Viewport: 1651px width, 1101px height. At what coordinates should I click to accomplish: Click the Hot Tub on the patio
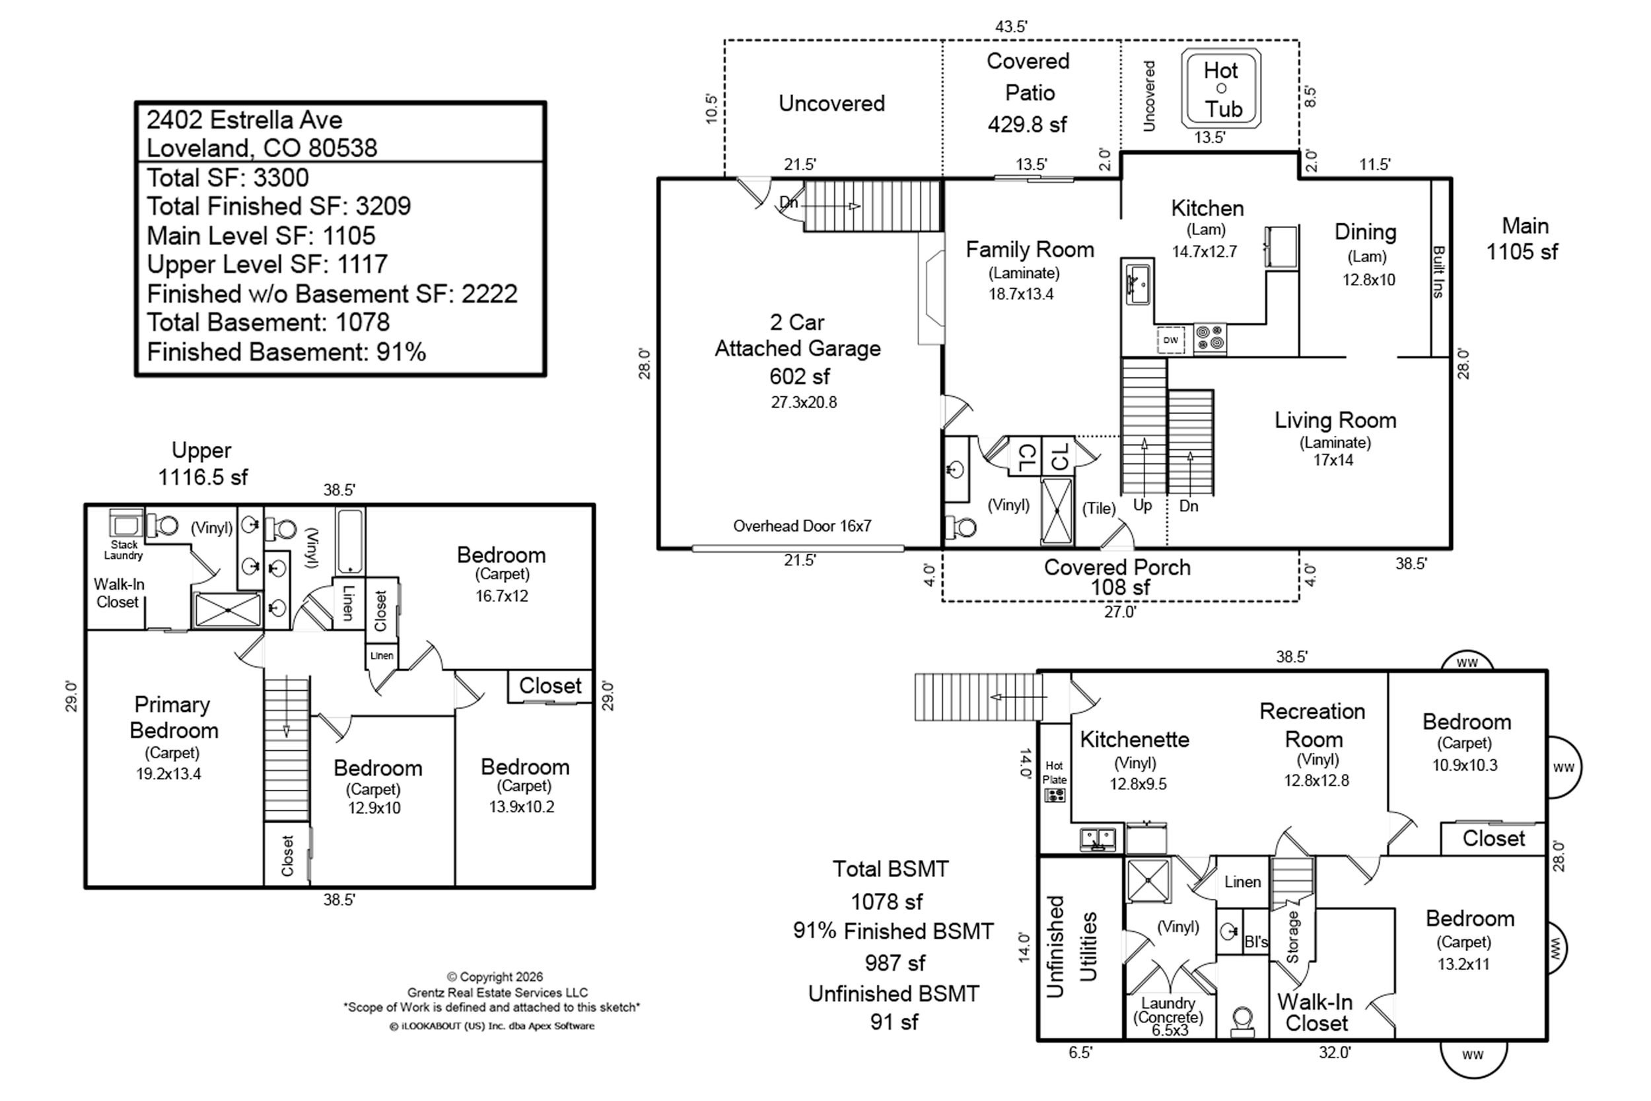point(1220,89)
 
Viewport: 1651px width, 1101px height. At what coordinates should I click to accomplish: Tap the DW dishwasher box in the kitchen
point(1170,341)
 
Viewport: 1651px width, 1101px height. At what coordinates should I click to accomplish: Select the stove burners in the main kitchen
point(1209,337)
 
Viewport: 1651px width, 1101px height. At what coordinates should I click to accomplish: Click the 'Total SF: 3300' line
point(227,178)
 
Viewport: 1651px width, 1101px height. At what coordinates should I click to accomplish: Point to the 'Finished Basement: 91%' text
point(287,352)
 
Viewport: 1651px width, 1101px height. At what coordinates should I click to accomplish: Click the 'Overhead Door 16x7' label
point(802,526)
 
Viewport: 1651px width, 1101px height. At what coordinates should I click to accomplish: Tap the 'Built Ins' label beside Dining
point(1438,271)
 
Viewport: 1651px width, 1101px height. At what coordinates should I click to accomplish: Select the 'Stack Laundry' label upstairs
point(123,550)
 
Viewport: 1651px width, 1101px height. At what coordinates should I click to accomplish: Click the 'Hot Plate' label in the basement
point(1055,772)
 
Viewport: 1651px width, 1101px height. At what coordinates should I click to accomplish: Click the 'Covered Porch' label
point(1117,567)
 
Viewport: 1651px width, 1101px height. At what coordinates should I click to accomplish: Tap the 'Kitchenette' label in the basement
point(1135,739)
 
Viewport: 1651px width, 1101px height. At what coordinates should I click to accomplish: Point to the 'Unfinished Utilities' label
point(1071,946)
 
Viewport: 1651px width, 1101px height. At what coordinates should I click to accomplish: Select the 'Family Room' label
point(1029,249)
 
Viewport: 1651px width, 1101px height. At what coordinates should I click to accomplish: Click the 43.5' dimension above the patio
point(1011,26)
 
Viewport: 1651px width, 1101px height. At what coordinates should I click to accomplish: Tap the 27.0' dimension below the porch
point(1119,612)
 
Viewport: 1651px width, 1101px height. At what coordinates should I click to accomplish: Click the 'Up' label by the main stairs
point(1142,505)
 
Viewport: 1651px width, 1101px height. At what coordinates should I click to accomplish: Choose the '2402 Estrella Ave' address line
point(244,120)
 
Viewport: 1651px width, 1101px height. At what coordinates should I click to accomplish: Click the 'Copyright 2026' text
point(495,977)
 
